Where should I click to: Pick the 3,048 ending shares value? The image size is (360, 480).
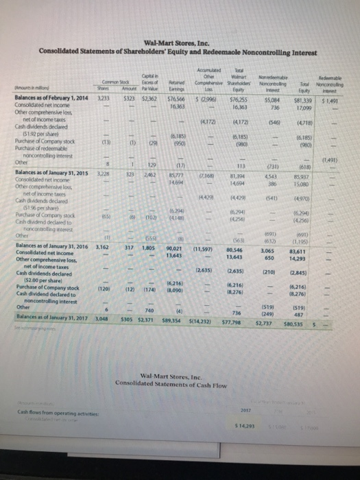tap(102, 318)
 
